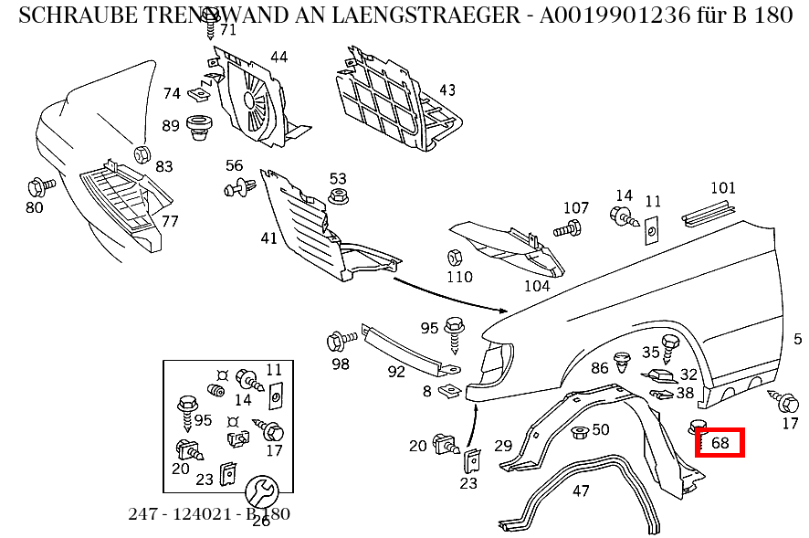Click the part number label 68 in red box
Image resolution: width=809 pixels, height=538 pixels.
coord(720,443)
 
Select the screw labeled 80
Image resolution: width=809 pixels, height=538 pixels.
coord(40,186)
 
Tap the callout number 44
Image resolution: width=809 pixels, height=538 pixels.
coord(278,57)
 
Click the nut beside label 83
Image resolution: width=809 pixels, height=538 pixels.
coord(142,153)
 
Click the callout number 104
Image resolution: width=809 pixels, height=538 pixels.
coord(536,285)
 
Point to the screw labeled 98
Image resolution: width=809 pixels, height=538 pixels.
coord(340,343)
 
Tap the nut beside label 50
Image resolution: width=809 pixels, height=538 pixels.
coord(577,431)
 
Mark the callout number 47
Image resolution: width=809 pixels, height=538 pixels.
coord(581,491)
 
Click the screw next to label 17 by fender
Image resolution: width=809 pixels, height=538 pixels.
coord(786,400)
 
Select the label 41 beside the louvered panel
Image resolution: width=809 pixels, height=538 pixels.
coord(268,238)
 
